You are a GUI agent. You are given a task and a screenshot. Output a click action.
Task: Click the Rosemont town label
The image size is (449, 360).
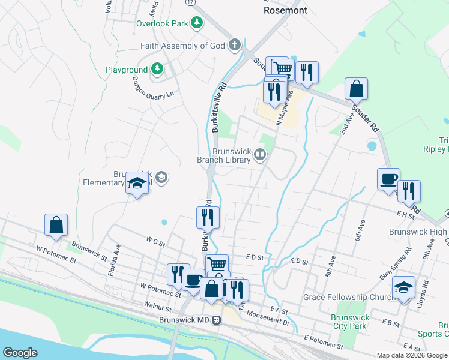pyautogui.click(x=285, y=10)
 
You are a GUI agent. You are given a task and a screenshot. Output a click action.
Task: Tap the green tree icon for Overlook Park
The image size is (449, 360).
pyautogui.click(x=196, y=23)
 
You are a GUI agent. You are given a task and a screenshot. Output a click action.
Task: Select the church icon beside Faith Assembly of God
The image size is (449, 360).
pyautogui.click(x=234, y=46)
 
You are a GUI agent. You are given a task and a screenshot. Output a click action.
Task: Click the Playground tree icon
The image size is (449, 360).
pyautogui.click(x=157, y=70)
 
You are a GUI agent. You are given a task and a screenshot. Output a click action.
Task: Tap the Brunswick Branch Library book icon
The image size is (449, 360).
pyautogui.click(x=259, y=155)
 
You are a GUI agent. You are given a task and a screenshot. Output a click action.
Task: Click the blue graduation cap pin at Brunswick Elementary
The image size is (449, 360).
pyautogui.click(x=137, y=184)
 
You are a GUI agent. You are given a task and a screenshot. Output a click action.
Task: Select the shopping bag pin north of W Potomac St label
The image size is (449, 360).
pyautogui.click(x=56, y=225)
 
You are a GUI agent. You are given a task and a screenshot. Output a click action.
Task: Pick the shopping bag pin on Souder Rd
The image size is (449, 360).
pyautogui.click(x=356, y=88)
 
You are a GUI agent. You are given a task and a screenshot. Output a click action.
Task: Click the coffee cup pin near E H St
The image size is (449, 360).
pyautogui.click(x=388, y=179)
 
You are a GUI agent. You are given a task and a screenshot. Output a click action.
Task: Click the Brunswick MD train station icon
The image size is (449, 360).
pyautogui.click(x=216, y=320)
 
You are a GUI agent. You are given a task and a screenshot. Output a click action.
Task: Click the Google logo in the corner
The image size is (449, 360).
pyautogui.click(x=20, y=353)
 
